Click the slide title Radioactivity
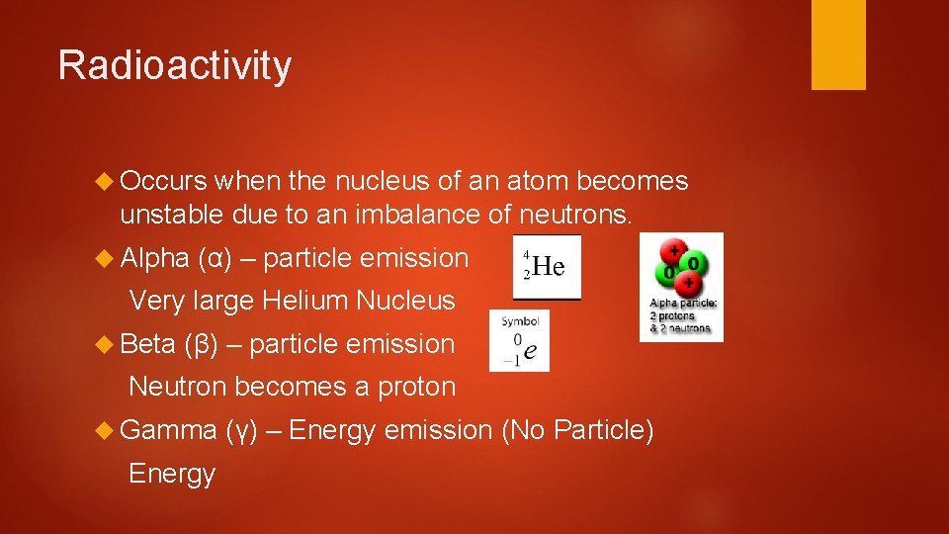coord(175,65)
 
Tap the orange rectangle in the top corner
coord(838,44)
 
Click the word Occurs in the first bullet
coord(163,181)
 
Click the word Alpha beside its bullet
coord(154,258)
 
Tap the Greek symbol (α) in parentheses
coord(215,259)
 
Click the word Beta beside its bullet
coord(148,344)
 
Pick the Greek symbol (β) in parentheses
coord(201,345)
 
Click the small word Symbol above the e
coord(520,321)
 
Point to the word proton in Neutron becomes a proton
coord(417,387)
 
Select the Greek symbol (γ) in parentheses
coord(242,431)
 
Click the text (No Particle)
coord(578,430)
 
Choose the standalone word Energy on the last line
coord(172,474)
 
